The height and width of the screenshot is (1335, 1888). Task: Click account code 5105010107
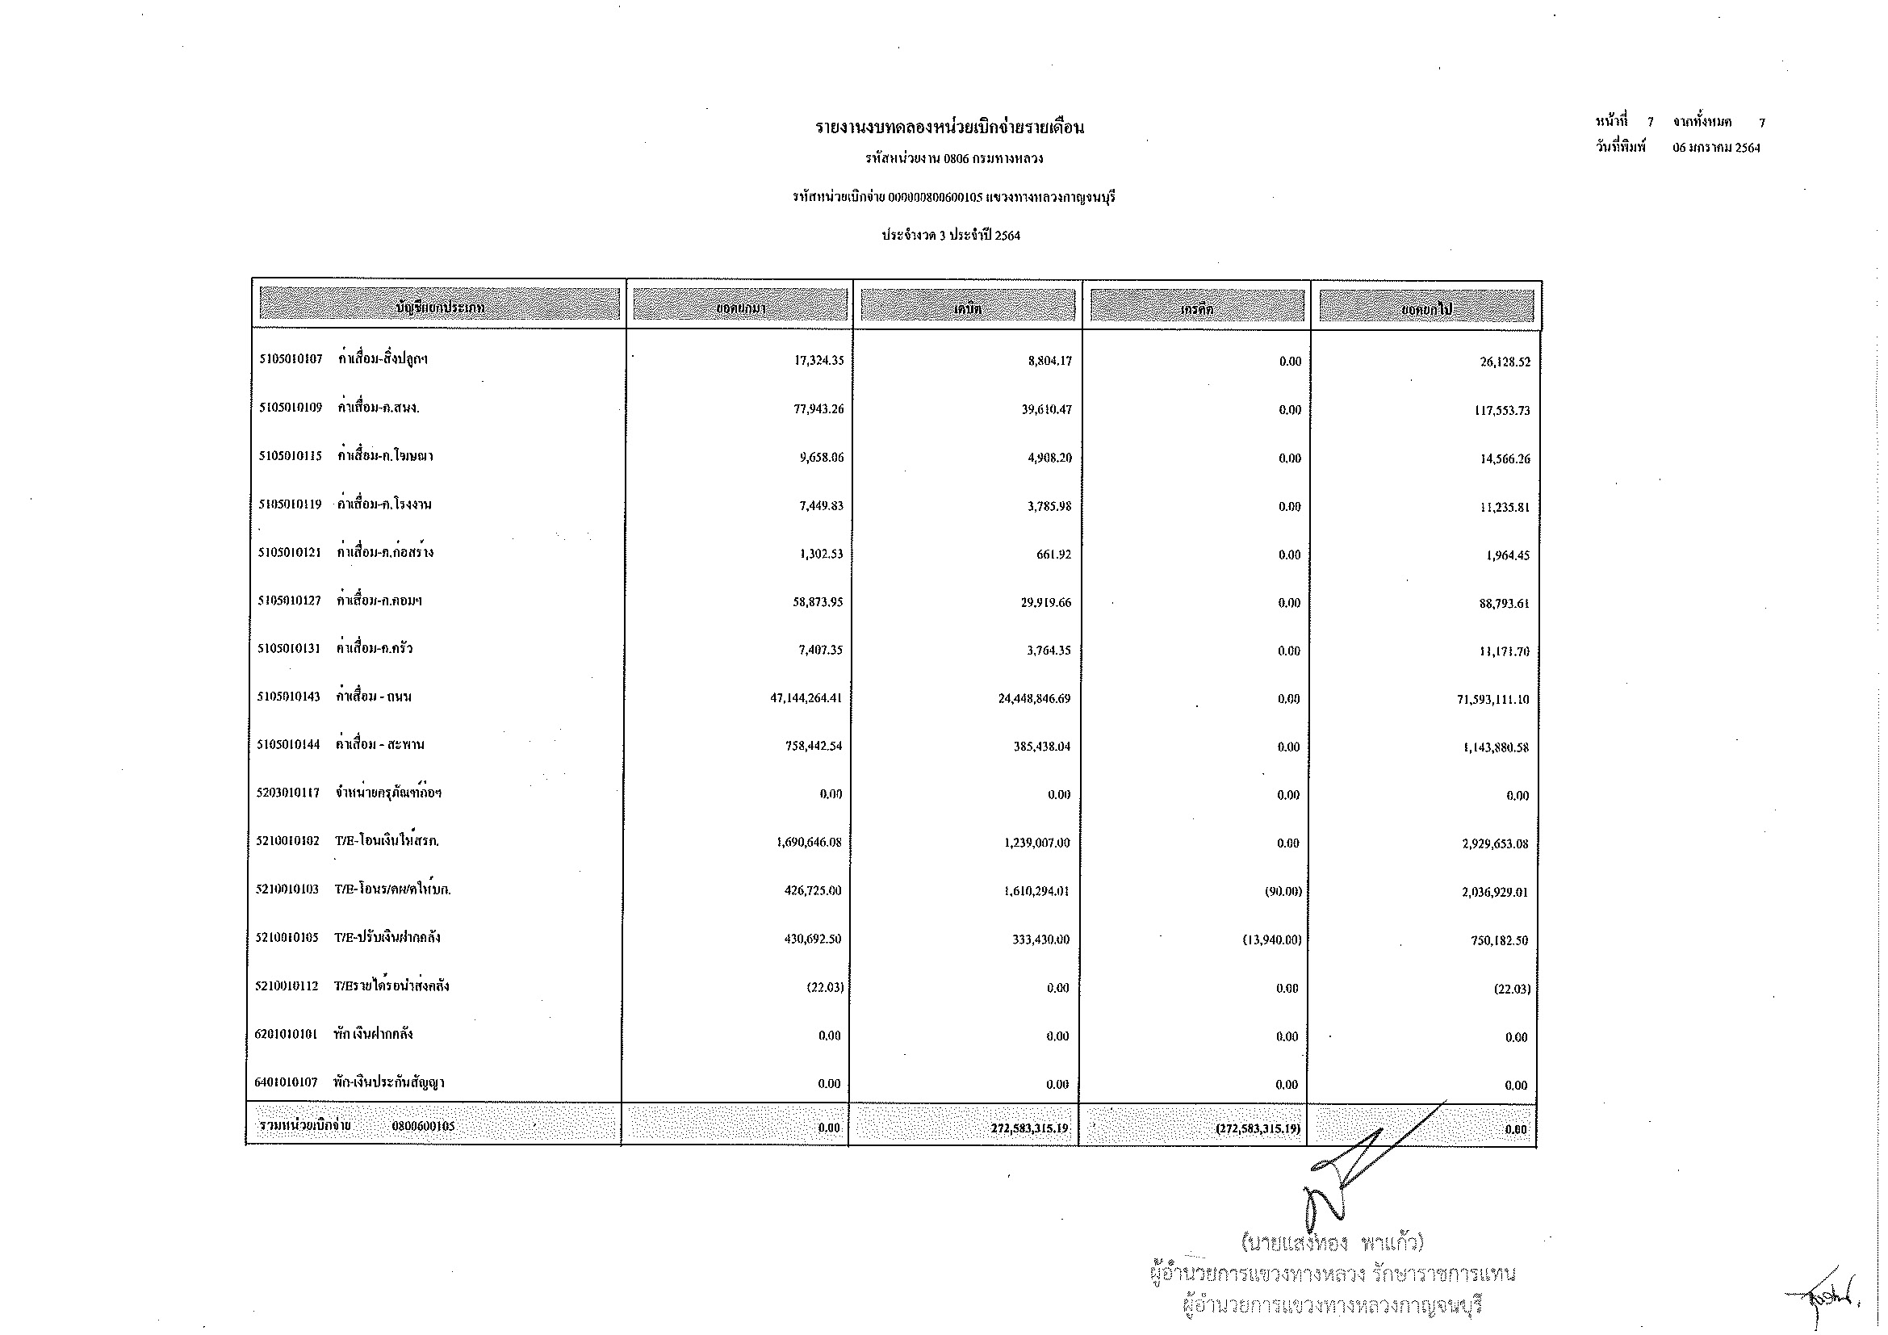[x=291, y=359]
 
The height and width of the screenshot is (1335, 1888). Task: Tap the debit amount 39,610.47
[x=1046, y=409]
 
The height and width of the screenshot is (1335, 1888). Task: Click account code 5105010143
[x=289, y=697]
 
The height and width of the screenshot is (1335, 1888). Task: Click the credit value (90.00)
[x=1283, y=891]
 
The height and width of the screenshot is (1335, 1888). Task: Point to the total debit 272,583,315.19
[x=1028, y=1128]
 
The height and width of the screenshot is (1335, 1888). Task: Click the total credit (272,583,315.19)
[x=1258, y=1128]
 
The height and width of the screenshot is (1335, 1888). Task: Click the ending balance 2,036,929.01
[x=1494, y=892]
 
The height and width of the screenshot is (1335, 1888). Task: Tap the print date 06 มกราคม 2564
[x=1716, y=148]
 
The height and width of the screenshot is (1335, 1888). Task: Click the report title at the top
[x=949, y=128]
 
